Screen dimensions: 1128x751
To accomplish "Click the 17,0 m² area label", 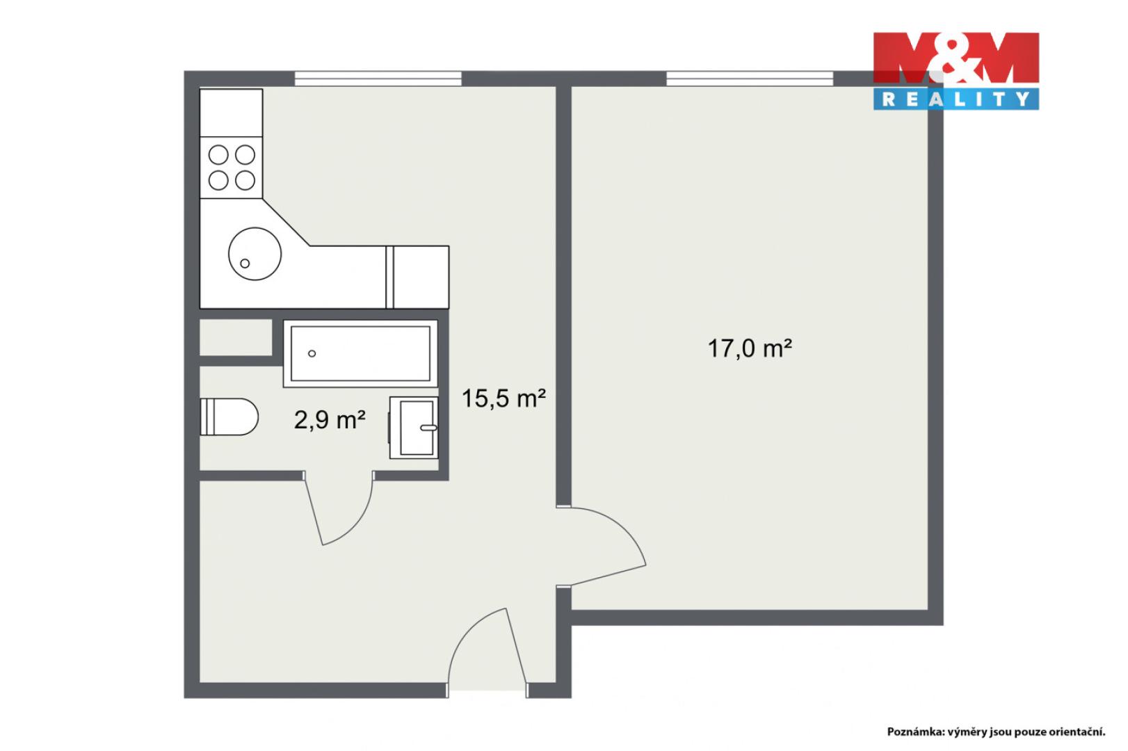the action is (x=749, y=348).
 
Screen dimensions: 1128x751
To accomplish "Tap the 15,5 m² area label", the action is (x=503, y=398).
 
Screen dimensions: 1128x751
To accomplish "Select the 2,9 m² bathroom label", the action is (x=330, y=419).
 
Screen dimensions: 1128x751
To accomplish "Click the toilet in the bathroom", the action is (x=229, y=417).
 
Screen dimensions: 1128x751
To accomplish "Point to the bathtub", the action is (x=360, y=353).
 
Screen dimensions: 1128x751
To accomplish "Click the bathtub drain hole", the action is (x=312, y=353).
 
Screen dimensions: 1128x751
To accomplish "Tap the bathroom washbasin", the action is (x=413, y=428).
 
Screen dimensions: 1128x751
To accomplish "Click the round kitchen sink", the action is (x=255, y=254).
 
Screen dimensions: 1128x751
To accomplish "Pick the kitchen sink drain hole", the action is (x=245, y=264).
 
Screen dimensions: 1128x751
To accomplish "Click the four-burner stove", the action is (x=231, y=168).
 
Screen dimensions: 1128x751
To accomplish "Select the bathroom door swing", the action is (x=339, y=508).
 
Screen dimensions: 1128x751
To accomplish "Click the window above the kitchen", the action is (x=378, y=79).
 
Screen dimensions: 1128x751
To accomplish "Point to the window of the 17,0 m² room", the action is (x=750, y=79).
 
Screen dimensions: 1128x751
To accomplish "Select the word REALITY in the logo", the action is (x=956, y=99).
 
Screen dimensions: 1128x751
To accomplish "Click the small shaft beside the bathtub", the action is (x=236, y=337).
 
